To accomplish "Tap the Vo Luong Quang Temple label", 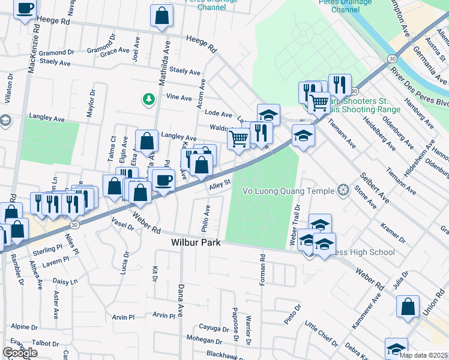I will click(288, 191).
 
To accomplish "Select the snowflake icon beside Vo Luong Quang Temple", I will click(343, 191).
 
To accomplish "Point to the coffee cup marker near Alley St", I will click(163, 179).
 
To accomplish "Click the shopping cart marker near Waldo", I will click(239, 139).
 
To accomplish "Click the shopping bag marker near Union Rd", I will click(408, 307).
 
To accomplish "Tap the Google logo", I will click(20, 353).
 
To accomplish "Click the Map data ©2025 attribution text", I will click(424, 355).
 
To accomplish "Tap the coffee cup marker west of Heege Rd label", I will click(25, 9).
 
